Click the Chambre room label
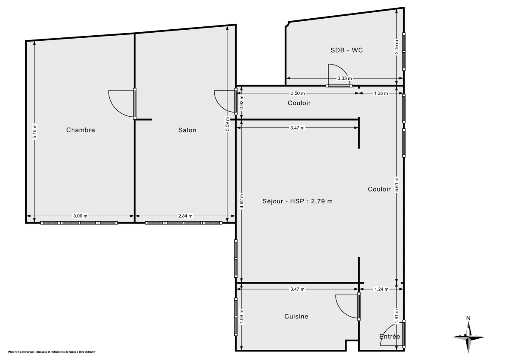click(x=81, y=130)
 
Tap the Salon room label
click(x=187, y=130)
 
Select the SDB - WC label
click(x=347, y=50)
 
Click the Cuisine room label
click(x=296, y=316)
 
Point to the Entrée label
click(x=389, y=336)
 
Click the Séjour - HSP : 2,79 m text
click(x=297, y=201)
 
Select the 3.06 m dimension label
click(x=80, y=216)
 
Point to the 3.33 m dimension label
click(x=344, y=78)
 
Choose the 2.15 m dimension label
click(x=397, y=47)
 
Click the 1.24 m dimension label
click(x=380, y=289)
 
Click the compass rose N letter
click(x=468, y=318)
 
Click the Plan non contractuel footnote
click(x=52, y=352)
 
